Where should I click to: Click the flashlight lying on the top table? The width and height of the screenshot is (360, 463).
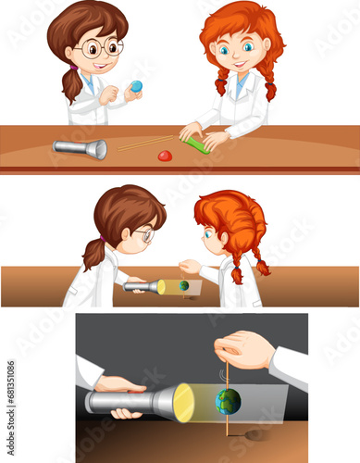(80, 148)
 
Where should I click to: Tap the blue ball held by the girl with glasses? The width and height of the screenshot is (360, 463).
(137, 86)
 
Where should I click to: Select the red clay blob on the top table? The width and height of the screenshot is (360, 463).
(165, 156)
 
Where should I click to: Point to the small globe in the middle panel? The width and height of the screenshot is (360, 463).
(184, 286)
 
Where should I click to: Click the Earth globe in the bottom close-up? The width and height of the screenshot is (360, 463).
(228, 401)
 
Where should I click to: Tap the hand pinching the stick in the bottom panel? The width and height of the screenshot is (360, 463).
(242, 350)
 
